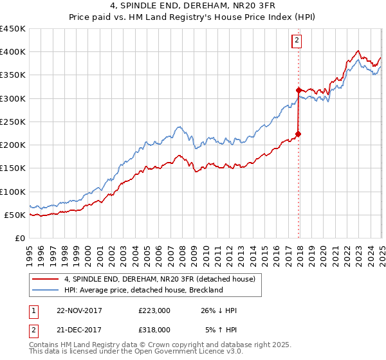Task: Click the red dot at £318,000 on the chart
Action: point(299,90)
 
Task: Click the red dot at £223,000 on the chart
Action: point(299,134)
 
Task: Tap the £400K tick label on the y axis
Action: point(13,52)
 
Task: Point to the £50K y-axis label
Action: point(15,215)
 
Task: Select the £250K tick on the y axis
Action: point(13,122)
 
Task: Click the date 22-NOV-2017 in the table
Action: point(79,310)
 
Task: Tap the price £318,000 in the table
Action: point(154,329)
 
